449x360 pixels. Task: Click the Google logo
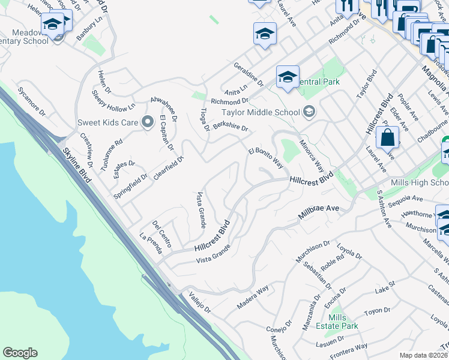click(20, 353)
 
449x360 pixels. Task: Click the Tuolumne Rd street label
click(111, 155)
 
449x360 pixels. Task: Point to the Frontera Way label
click(349, 347)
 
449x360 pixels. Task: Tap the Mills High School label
click(419, 182)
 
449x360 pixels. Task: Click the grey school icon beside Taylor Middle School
click(309, 111)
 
